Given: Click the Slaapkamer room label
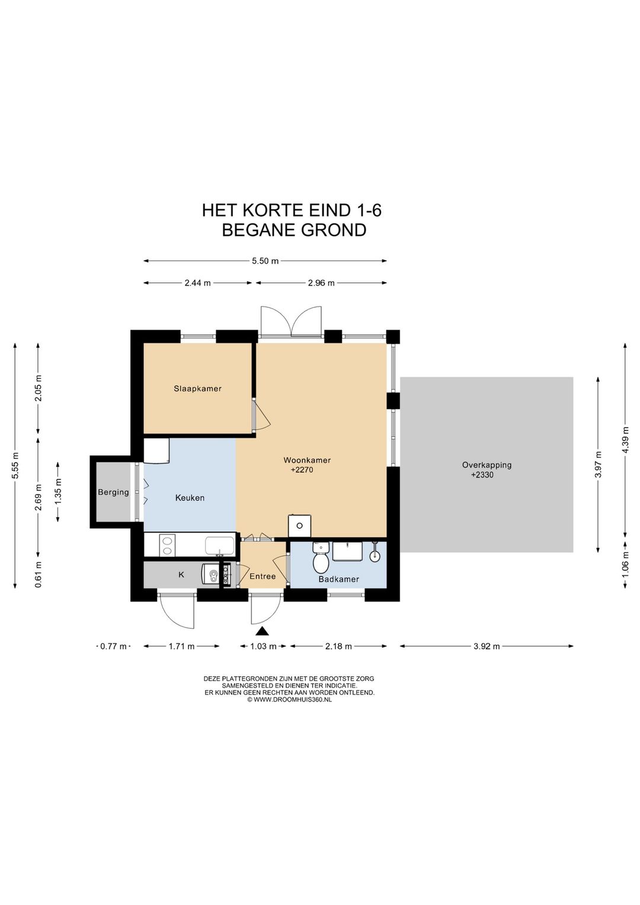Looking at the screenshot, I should pos(197,388).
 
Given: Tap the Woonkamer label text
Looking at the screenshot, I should pos(307,460).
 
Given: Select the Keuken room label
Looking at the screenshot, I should pos(190,498).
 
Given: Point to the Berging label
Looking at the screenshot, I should pos(113,492).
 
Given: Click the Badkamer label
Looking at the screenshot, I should pos(338,579).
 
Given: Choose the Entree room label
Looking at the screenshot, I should pos(263,576).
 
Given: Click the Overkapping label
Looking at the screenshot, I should pos(487,465).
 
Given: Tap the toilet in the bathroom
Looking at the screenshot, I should pos(321,559).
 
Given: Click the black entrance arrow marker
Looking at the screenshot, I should pos(262,631).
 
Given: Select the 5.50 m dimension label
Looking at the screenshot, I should pos(265,261).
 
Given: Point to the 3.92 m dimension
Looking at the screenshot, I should pos(487,646).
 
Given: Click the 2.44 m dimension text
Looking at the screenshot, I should pos(197,283).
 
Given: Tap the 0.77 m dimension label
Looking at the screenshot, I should pos(113,646).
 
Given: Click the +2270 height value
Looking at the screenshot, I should pos(302,470).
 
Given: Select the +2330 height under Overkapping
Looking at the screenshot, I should pos(482,474).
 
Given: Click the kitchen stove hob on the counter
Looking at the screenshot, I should pos(167,545).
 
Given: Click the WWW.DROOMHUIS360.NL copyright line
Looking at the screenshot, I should pos(289,700).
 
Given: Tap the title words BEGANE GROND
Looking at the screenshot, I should pos(294,230).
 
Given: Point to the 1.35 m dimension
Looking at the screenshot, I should pos(58,492).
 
